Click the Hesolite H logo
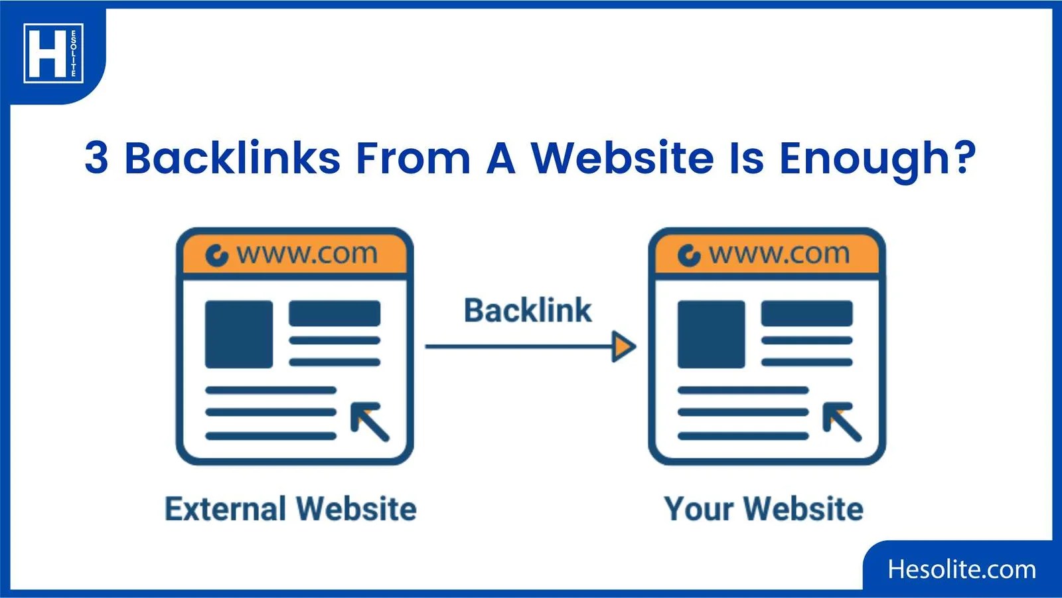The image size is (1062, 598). tap(53, 53)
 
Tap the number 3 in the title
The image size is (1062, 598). tap(96, 158)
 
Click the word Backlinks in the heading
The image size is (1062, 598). tap(232, 158)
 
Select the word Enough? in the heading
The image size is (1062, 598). tap(877, 158)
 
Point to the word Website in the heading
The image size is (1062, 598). tap(622, 158)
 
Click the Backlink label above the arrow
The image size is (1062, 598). tap(528, 310)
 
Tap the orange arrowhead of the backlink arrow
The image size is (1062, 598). tap(623, 346)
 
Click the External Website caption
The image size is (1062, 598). tap(291, 509)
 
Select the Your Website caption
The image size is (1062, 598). tap(764, 509)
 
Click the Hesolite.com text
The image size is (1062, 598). tap(962, 569)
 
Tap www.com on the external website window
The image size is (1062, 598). tap(307, 254)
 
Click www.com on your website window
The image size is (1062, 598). tap(779, 254)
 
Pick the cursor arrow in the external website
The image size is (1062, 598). tap(370, 421)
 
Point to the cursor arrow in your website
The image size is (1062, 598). tap(842, 421)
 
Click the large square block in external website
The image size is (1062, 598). tap(239, 334)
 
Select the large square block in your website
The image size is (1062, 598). tap(711, 334)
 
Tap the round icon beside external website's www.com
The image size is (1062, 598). tap(216, 255)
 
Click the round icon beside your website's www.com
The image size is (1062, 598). tap(689, 255)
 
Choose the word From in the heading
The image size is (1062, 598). tap(413, 158)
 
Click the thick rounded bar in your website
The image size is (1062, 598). tap(806, 314)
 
